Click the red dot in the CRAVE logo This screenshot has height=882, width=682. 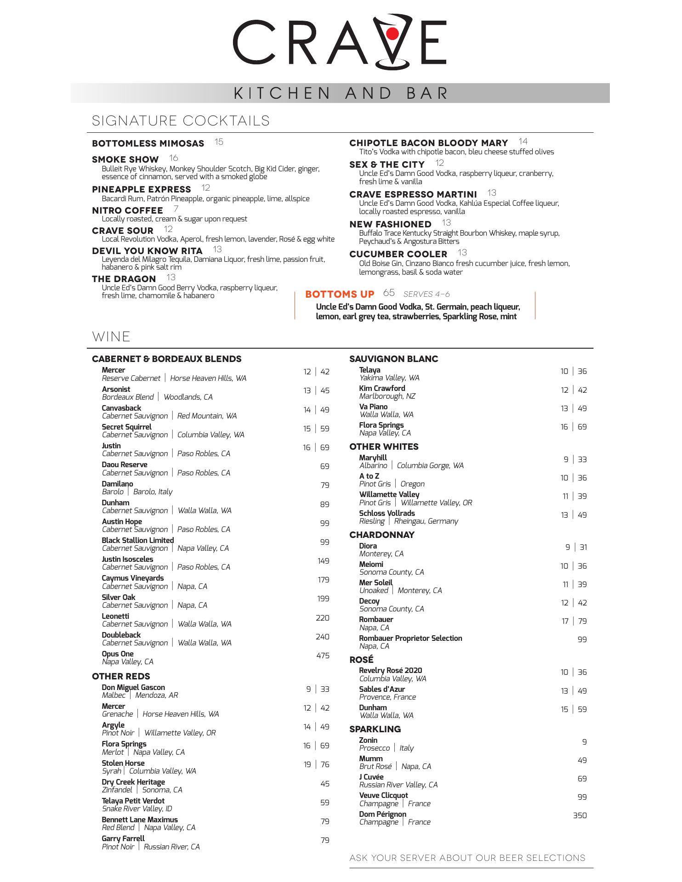(x=392, y=34)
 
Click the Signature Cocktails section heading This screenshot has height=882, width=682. (x=181, y=121)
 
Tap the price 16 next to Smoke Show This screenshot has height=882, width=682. (x=173, y=158)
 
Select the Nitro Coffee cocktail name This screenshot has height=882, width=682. (x=127, y=210)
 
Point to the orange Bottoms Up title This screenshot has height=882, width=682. (x=340, y=294)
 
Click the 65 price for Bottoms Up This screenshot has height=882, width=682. (x=389, y=293)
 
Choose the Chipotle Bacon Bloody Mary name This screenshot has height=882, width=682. (x=428, y=143)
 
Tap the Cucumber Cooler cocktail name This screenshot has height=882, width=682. (x=398, y=254)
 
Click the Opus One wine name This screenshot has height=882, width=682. (x=118, y=654)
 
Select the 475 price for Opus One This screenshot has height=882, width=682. (x=323, y=656)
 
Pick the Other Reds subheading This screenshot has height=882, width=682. (x=121, y=676)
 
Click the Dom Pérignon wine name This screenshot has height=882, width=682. (x=382, y=814)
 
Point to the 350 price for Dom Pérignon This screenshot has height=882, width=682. (x=580, y=815)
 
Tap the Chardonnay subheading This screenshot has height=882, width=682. (x=381, y=535)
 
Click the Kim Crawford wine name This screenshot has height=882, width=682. (x=382, y=388)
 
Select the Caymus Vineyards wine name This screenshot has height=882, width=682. (x=132, y=578)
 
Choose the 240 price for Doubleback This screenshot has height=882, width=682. (x=323, y=637)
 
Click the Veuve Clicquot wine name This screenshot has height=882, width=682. (x=383, y=795)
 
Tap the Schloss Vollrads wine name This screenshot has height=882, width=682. (x=386, y=513)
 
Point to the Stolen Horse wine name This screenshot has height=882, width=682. (x=123, y=763)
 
